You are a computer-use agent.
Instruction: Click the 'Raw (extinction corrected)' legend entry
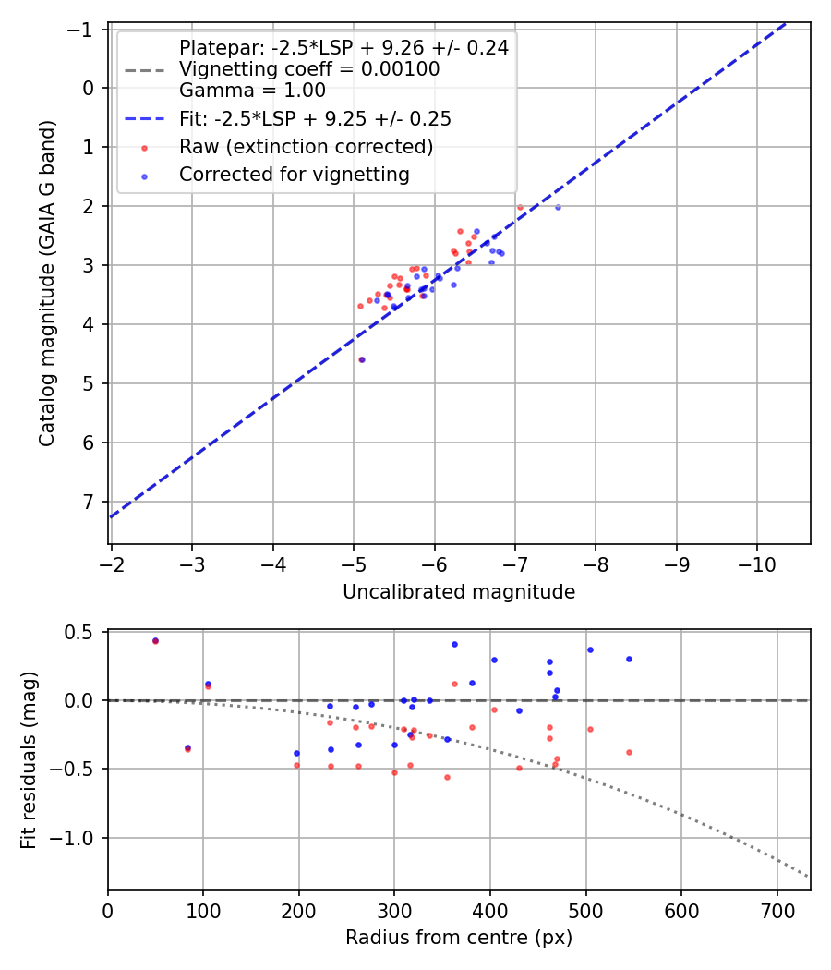(x=306, y=147)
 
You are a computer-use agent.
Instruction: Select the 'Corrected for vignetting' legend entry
(x=294, y=175)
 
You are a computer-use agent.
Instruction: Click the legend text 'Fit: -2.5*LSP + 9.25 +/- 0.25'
(x=315, y=119)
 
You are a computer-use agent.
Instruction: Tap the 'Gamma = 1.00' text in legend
(x=252, y=91)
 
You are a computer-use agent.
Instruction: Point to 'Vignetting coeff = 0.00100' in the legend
(x=309, y=69)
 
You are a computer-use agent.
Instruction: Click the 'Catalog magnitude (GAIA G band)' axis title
(x=46, y=283)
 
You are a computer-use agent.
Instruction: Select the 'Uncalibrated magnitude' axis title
(x=459, y=592)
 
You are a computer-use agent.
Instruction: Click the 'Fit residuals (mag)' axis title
(x=28, y=759)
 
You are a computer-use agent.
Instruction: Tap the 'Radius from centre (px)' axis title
(x=459, y=938)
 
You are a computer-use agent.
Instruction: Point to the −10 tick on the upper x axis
(x=757, y=563)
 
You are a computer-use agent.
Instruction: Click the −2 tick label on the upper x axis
(x=112, y=563)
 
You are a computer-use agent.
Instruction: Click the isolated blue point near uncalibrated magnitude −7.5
(x=558, y=207)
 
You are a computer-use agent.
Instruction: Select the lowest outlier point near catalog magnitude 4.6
(x=361, y=359)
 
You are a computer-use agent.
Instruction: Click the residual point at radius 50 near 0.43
(x=155, y=640)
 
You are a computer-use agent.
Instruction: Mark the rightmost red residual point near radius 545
(x=629, y=752)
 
